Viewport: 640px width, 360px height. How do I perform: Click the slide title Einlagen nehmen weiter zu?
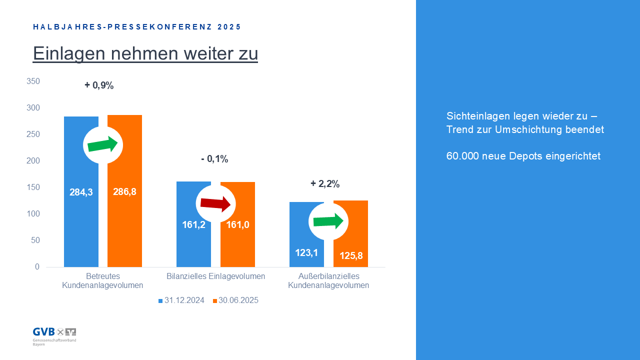145,53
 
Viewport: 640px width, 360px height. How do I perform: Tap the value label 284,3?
81,192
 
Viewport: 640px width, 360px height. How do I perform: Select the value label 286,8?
124,192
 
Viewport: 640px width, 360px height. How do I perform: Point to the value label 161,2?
193,224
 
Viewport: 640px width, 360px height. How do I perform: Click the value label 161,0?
237,224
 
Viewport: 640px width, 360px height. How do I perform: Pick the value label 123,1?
306,252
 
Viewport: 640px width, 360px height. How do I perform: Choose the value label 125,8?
350,256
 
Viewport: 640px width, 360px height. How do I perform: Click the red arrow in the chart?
215,203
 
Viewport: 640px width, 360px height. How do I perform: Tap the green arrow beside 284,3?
102,144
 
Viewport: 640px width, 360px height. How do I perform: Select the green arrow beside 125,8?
328,220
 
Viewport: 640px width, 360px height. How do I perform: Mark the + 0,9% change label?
99,85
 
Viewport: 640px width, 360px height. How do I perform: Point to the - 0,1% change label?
214,159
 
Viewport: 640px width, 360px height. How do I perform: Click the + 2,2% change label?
325,184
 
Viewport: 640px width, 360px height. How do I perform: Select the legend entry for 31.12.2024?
181,300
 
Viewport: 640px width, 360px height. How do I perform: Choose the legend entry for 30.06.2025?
235,300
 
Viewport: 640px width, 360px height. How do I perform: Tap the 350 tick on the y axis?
33,81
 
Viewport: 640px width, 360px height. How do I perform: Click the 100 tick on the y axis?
33,214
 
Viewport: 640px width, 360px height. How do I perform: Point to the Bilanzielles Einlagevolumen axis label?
215,276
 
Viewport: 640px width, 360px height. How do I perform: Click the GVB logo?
54,334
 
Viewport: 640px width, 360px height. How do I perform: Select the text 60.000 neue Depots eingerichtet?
523,156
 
